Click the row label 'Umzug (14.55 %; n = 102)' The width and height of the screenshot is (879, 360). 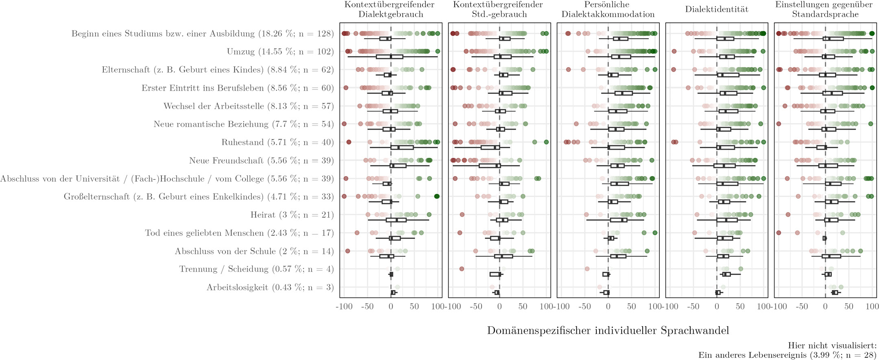point(280,52)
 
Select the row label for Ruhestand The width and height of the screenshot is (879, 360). point(277,142)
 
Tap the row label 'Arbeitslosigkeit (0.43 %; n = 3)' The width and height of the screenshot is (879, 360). point(270,288)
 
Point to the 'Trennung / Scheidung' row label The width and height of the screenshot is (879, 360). point(256,269)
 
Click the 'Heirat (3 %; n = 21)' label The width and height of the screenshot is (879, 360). point(292,215)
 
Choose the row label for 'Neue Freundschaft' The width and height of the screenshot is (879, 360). point(261,161)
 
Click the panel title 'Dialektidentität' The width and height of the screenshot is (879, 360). point(716,9)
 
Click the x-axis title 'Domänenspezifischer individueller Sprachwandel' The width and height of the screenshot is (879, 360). point(608,330)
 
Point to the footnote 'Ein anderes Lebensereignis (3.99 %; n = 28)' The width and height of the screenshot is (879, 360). point(787,355)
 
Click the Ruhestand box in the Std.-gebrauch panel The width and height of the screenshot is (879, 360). point(490,147)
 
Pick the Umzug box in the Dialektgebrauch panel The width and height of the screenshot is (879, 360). point(389,57)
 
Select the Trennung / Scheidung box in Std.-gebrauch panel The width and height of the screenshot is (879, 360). point(495,274)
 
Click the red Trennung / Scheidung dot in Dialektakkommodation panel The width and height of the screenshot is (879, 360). point(587,269)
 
